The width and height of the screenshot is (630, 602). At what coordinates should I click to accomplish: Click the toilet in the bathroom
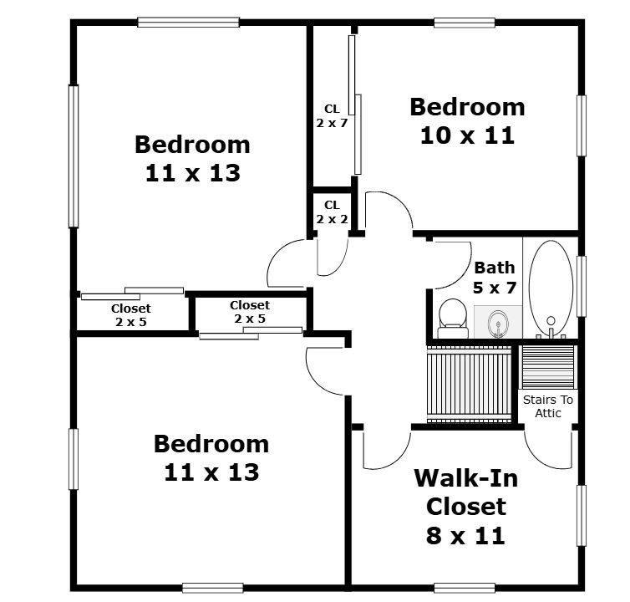[x=453, y=318]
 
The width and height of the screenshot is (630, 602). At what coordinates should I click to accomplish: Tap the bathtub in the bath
[x=551, y=288]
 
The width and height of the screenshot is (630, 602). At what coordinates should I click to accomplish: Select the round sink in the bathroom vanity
[x=498, y=323]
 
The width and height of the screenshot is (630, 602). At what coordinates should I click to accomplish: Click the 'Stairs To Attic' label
[x=548, y=406]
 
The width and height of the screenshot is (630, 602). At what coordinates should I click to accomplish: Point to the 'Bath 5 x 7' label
[x=495, y=278]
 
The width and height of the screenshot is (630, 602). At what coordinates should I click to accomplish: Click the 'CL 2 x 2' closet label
[x=332, y=212]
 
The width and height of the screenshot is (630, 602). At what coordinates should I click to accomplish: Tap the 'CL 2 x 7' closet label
[x=332, y=116]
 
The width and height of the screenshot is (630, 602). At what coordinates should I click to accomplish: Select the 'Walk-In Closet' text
[x=466, y=492]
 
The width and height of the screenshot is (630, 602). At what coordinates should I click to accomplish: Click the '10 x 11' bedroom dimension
[x=467, y=135]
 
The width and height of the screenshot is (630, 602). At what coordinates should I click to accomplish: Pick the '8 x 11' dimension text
[x=465, y=536]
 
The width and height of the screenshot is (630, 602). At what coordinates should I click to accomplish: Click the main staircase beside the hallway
[x=470, y=384]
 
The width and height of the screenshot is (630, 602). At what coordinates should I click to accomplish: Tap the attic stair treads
[x=548, y=367]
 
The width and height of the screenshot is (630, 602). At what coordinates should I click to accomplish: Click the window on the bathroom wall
[x=582, y=286]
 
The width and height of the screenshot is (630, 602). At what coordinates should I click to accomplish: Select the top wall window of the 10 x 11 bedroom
[x=465, y=23]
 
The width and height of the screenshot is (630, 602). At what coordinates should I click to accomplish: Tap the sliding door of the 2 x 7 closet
[x=355, y=105]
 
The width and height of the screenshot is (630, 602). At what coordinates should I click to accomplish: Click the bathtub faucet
[x=551, y=328]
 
